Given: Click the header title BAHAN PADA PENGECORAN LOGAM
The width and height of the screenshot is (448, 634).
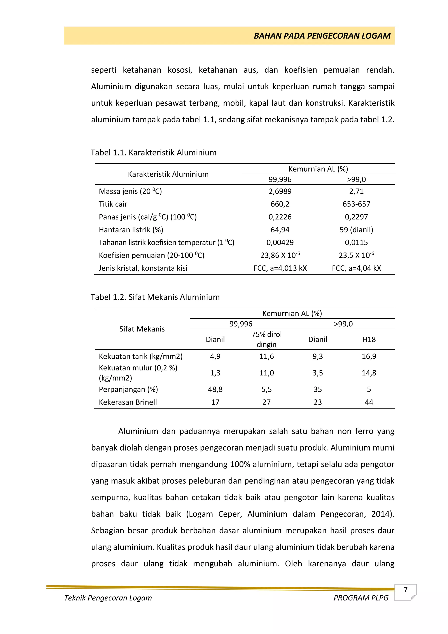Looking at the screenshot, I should pyautogui.click(x=322, y=36).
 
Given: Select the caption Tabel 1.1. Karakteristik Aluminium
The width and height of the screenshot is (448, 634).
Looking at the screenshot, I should pyautogui.click(x=154, y=153).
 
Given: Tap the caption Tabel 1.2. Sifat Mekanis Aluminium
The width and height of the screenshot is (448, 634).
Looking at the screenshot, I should pyautogui.click(x=155, y=297).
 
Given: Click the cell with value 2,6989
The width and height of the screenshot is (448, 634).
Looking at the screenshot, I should pyautogui.click(x=280, y=191).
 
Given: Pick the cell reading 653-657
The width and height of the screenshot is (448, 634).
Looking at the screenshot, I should pyautogui.click(x=356, y=204).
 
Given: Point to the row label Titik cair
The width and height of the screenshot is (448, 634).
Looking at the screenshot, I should pyautogui.click(x=113, y=204).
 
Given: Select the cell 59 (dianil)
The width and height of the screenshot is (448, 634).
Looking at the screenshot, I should pyautogui.click(x=356, y=230).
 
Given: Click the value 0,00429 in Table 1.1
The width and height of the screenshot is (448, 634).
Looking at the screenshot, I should pyautogui.click(x=280, y=242).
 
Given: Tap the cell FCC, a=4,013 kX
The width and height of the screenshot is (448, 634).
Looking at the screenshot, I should pyautogui.click(x=280, y=268).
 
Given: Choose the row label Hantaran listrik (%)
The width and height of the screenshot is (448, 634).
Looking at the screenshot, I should pyautogui.click(x=131, y=230).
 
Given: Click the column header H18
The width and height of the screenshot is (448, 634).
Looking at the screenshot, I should pyautogui.click(x=369, y=339).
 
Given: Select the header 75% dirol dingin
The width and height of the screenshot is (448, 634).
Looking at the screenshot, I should pyautogui.click(x=266, y=339).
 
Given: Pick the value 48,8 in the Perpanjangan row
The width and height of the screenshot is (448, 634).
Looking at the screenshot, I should pyautogui.click(x=215, y=389).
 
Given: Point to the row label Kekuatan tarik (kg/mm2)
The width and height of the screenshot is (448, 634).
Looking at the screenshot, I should pyautogui.click(x=141, y=356).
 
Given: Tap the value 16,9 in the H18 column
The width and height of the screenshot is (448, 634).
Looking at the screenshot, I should pyautogui.click(x=369, y=356).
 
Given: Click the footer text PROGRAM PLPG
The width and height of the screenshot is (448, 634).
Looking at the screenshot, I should pyautogui.click(x=361, y=598).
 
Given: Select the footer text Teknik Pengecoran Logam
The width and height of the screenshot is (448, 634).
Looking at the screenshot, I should pyautogui.click(x=108, y=598).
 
